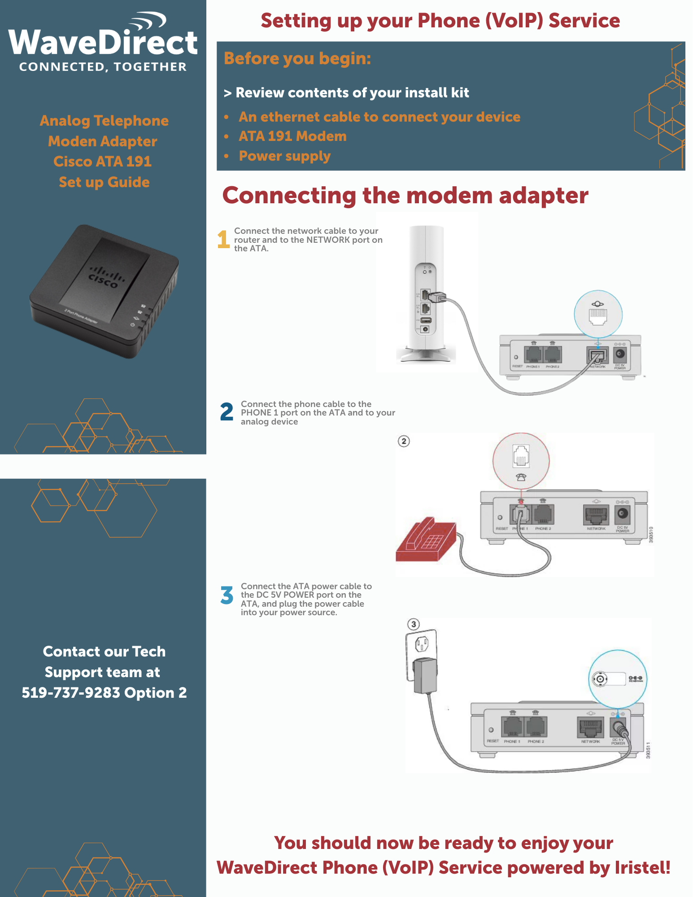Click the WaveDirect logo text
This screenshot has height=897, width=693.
tap(103, 43)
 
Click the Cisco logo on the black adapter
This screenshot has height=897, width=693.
tap(105, 276)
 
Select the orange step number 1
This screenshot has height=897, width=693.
tap(223, 239)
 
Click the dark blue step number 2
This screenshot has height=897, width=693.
tap(227, 412)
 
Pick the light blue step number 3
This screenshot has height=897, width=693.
tap(227, 595)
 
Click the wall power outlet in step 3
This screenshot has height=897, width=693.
tap(422, 644)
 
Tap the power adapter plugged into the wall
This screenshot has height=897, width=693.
tap(425, 675)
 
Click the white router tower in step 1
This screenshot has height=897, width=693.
tap(426, 292)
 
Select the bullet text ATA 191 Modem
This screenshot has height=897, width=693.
tap(292, 136)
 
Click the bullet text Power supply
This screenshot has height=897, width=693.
tap(284, 156)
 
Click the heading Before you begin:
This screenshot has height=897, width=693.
tap(297, 58)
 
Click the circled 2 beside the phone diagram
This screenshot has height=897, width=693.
tap(404, 441)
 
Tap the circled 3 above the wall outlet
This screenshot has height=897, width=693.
tap(414, 624)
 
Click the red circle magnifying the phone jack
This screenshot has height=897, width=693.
tap(521, 461)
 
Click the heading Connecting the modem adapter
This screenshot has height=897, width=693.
tap(405, 196)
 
